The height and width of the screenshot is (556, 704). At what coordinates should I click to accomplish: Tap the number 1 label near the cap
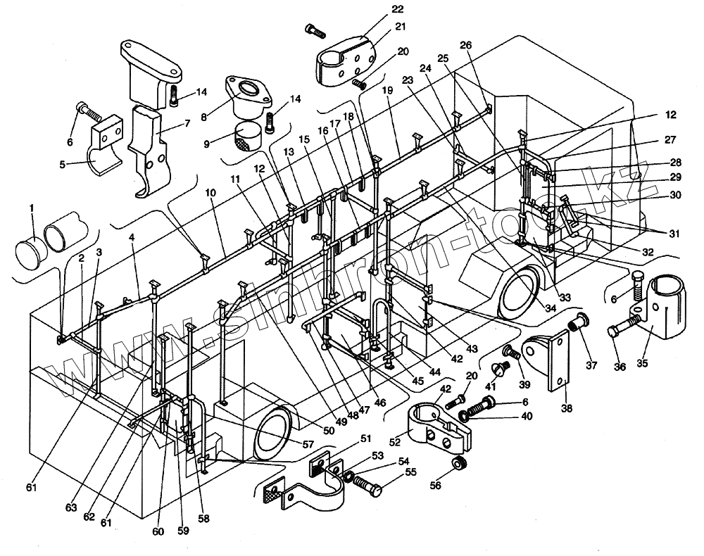tap(30, 208)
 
